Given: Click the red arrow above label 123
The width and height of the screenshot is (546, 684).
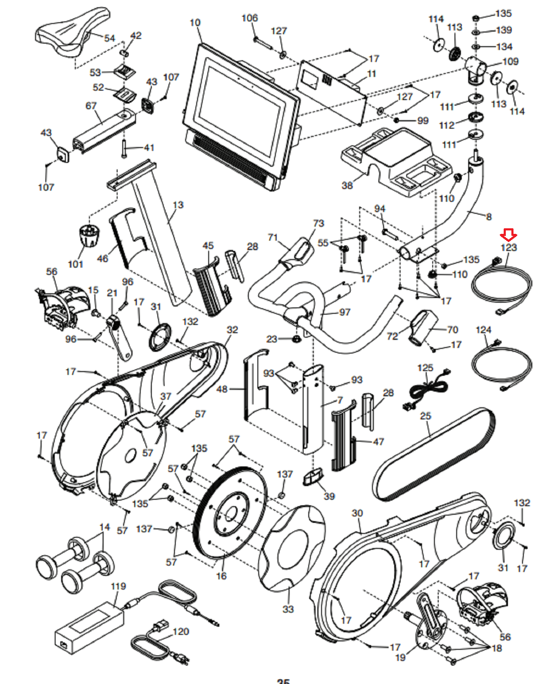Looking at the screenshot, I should pyautogui.click(x=508, y=235).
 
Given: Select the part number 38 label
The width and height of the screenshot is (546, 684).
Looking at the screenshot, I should pyautogui.click(x=347, y=185).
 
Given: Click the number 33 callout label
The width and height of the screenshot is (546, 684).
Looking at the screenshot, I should pyautogui.click(x=288, y=609).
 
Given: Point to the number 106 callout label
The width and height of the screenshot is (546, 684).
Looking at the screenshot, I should pyautogui.click(x=250, y=18).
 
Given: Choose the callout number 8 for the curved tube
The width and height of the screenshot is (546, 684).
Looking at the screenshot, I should pyautogui.click(x=489, y=216).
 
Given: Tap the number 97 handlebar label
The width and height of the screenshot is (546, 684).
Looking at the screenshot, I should pyautogui.click(x=345, y=312).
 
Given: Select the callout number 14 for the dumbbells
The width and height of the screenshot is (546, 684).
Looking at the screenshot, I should pyautogui.click(x=105, y=527).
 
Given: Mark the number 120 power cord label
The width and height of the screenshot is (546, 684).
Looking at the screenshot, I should pyautogui.click(x=181, y=631).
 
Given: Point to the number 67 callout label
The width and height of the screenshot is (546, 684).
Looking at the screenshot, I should pyautogui.click(x=91, y=106).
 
